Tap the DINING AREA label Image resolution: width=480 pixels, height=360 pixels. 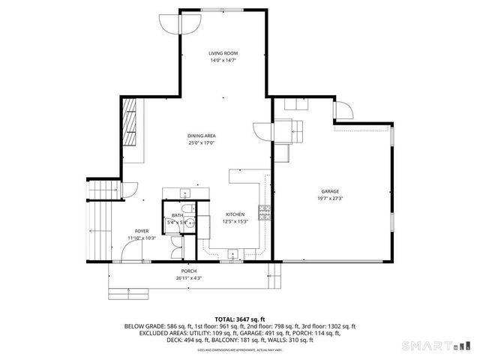tap(202, 136)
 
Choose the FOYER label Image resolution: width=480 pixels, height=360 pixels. tap(141, 231)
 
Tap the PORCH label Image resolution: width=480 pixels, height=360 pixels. tap(189, 271)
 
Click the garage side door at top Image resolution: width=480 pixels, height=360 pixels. tap(345, 112)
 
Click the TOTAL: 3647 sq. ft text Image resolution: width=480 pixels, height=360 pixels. tap(240, 319)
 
